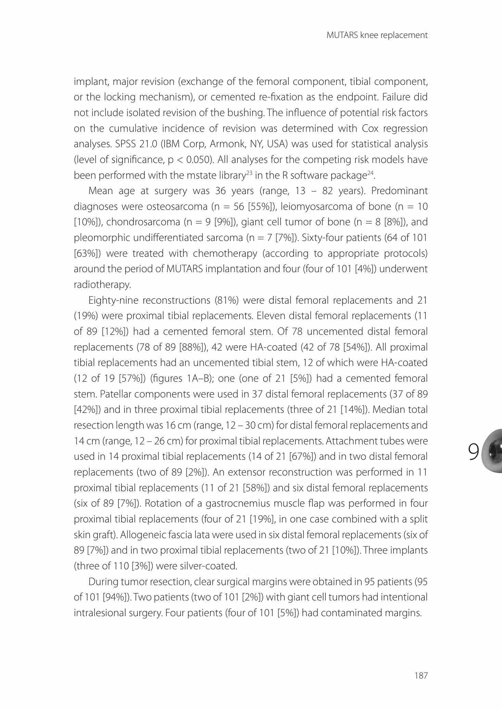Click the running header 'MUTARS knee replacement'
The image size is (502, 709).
click(x=377, y=35)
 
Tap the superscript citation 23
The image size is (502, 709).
click(x=249, y=173)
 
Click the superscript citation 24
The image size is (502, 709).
click(x=370, y=173)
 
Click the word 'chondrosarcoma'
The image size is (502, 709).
click(x=143, y=222)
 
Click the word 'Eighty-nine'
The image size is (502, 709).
click(x=113, y=301)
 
